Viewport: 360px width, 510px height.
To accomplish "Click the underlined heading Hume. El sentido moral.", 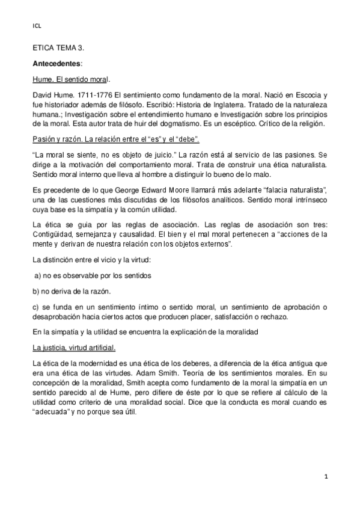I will pos(71,79).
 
